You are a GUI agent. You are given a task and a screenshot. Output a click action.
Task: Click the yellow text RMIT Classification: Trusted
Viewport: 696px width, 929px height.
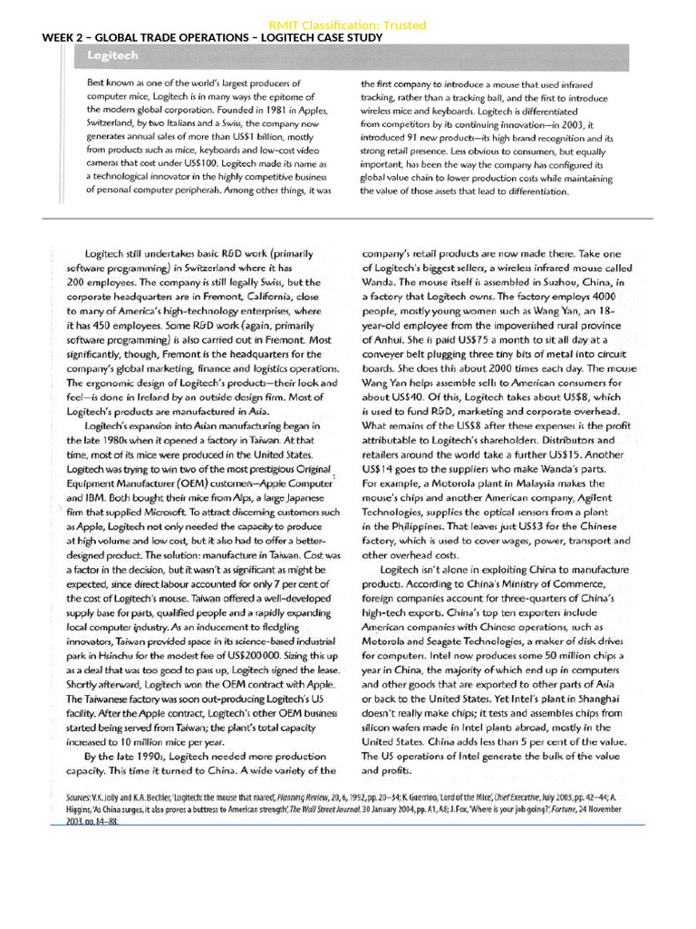347,25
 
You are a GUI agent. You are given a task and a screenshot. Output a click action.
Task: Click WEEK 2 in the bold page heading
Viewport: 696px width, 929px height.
65,38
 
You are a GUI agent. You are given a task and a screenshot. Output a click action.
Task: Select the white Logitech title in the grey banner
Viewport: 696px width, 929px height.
113,56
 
